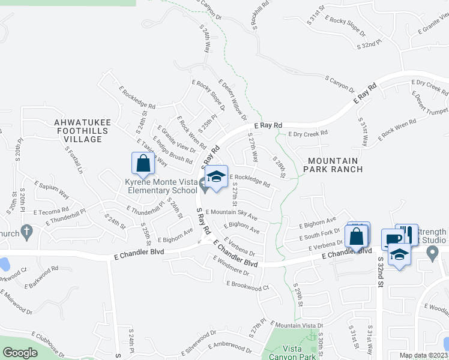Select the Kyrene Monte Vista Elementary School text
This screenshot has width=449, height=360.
pos(161,186)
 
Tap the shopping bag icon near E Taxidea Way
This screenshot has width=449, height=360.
pos(143,163)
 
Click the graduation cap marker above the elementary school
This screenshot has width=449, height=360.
pos(216,176)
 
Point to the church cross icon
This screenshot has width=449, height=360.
pos(26,230)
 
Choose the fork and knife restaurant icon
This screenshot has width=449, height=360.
pos(406,234)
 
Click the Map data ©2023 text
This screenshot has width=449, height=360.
pos(423,355)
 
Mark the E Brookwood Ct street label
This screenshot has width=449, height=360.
pos(247,286)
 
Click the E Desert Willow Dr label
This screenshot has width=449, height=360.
pos(232,98)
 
